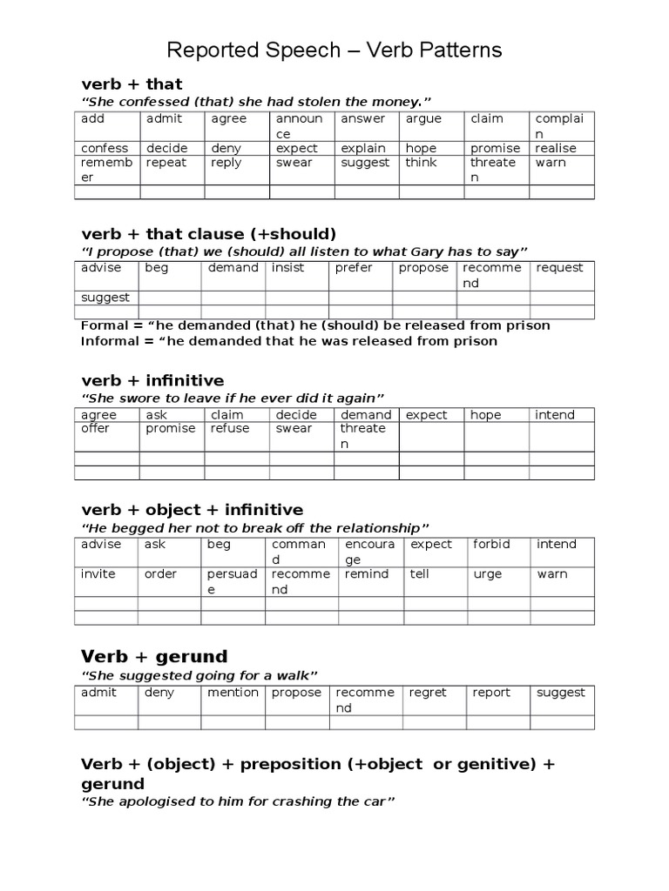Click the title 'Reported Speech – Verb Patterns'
(x=334, y=50)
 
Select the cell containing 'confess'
(x=105, y=148)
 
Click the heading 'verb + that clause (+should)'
(x=208, y=234)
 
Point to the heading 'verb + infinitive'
(x=152, y=380)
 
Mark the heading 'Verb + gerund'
(x=154, y=656)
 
